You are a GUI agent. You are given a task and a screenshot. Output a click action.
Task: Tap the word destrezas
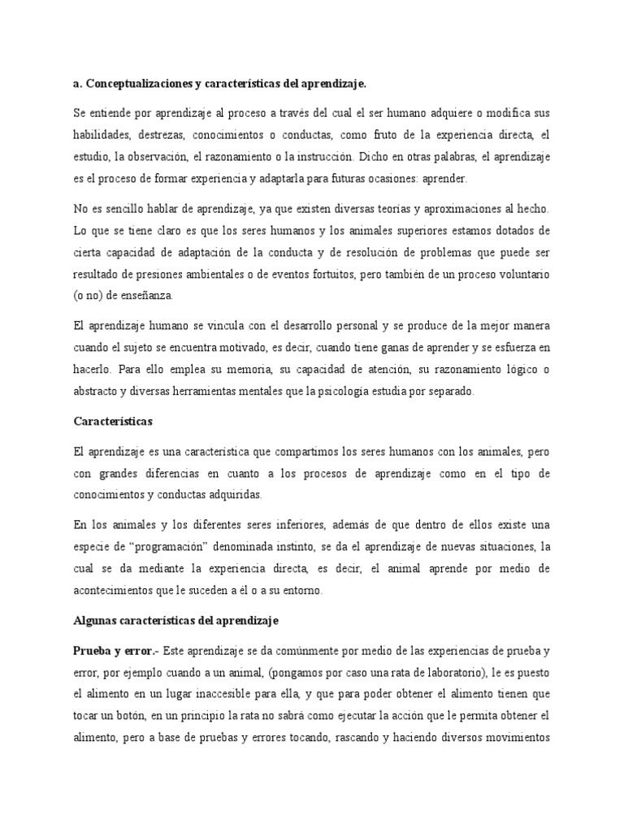(176, 133)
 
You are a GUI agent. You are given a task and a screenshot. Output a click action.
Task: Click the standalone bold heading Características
(114, 423)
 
